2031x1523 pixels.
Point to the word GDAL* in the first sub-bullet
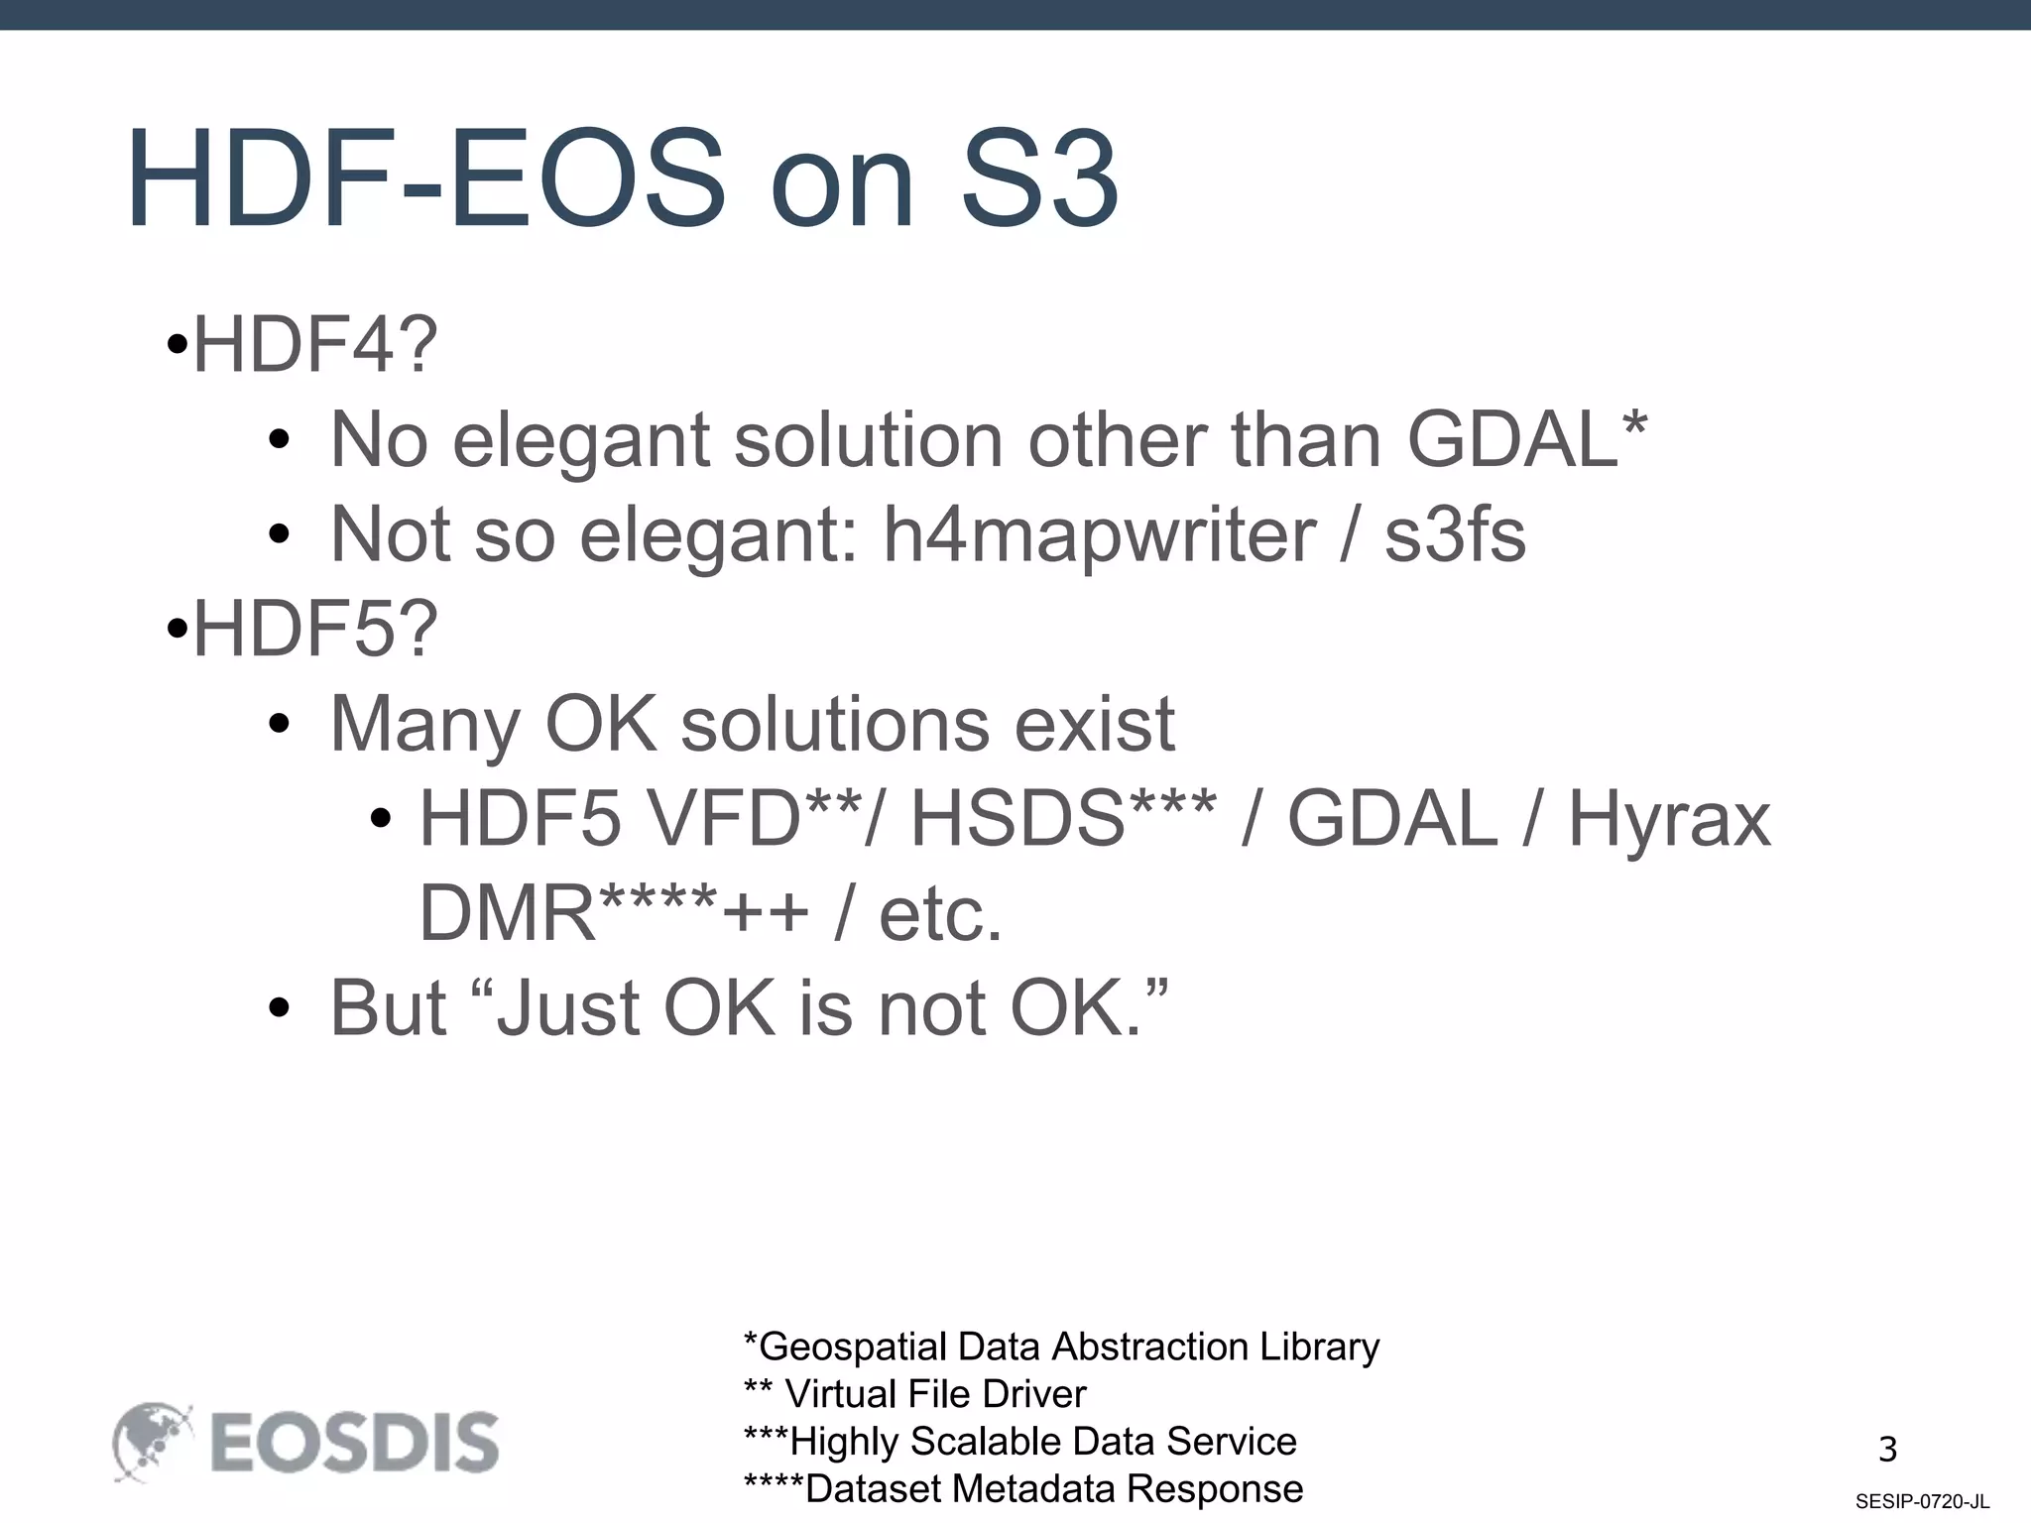(1526, 439)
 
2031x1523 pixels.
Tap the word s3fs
(1455, 534)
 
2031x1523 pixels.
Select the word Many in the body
(424, 725)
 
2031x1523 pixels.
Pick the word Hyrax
(1669, 819)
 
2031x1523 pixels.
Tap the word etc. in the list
(940, 913)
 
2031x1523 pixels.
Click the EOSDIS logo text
(354, 1443)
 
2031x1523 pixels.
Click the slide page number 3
(1887, 1450)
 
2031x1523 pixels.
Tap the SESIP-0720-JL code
(1922, 1502)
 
